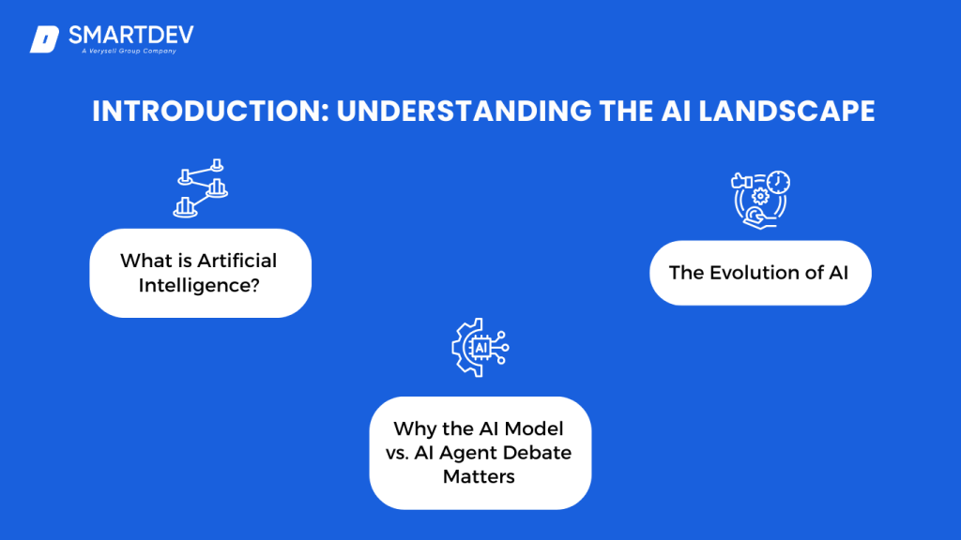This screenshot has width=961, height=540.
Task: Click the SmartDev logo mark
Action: tap(44, 39)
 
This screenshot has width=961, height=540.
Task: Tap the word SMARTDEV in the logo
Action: tap(131, 36)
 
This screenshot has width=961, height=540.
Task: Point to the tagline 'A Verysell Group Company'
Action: tap(129, 52)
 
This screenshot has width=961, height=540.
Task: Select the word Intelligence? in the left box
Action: tap(199, 284)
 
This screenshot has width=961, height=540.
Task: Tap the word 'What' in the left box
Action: tap(143, 261)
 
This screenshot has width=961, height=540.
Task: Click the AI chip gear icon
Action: tap(480, 348)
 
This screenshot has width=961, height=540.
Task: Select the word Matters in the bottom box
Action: tap(480, 477)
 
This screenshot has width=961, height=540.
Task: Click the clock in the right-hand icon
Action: tap(778, 181)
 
